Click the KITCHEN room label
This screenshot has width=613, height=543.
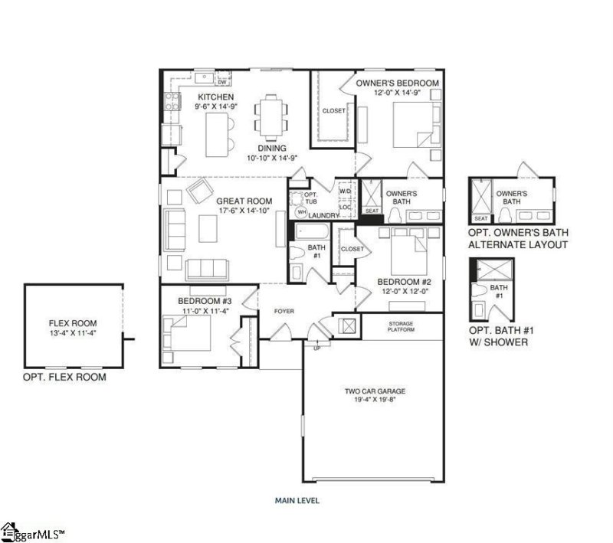(215, 97)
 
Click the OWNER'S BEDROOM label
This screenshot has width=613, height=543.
(397, 83)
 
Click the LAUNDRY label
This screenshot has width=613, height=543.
(325, 215)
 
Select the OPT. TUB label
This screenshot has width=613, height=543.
(300, 188)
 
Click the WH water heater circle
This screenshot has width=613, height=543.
(301, 211)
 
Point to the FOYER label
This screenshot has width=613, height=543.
(284, 311)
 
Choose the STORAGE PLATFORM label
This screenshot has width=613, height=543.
(401, 327)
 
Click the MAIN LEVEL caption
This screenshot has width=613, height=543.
(297, 501)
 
